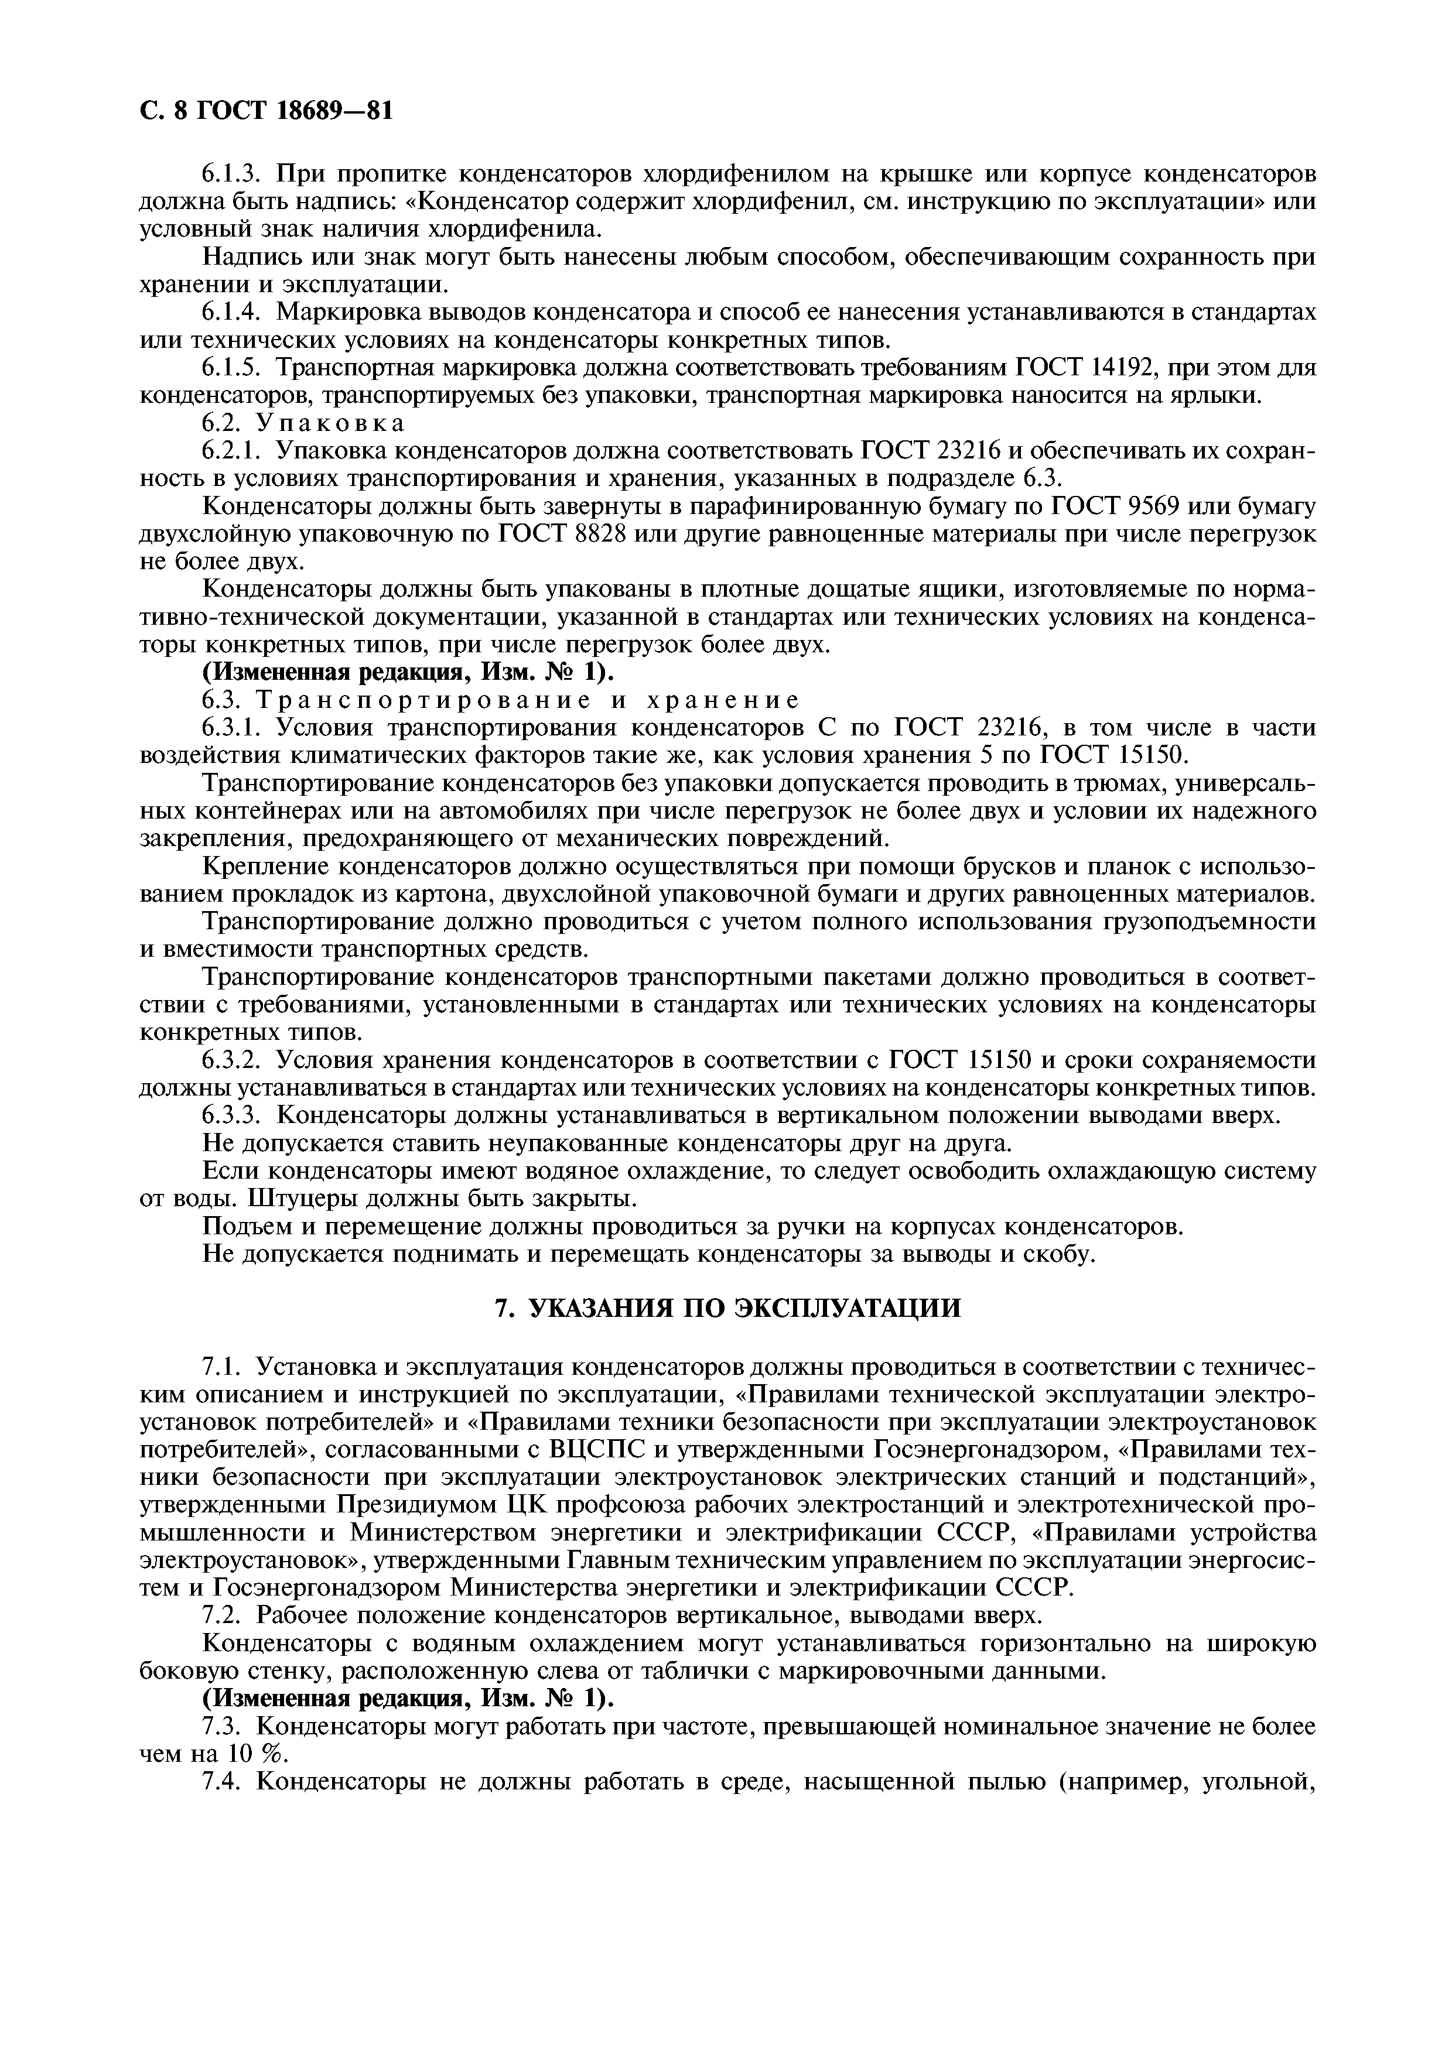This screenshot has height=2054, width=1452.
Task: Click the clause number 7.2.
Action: coord(219,1615)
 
